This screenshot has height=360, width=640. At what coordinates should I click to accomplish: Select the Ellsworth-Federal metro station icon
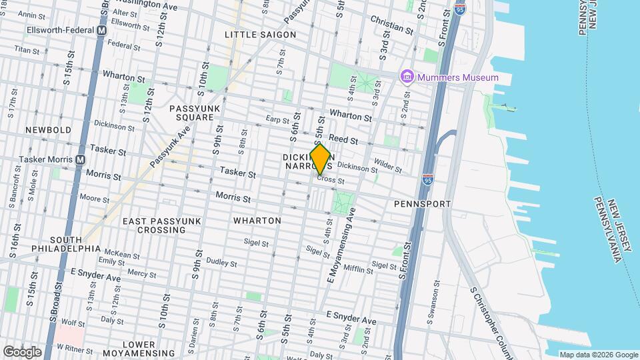pos(102,31)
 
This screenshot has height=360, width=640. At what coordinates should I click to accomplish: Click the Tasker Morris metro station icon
pos(81,159)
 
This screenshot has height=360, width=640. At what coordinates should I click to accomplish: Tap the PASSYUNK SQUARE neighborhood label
pos(191,112)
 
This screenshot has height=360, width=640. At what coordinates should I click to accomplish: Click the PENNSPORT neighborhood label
pos(422,203)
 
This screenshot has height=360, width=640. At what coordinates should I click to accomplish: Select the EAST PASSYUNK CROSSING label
pos(153,225)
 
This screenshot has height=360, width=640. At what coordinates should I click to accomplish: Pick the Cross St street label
pos(330,179)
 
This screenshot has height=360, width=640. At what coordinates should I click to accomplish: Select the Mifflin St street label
pos(358,269)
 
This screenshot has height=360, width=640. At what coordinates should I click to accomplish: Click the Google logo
pos(22,351)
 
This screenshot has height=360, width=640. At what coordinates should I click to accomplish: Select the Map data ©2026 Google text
pos(597,355)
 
